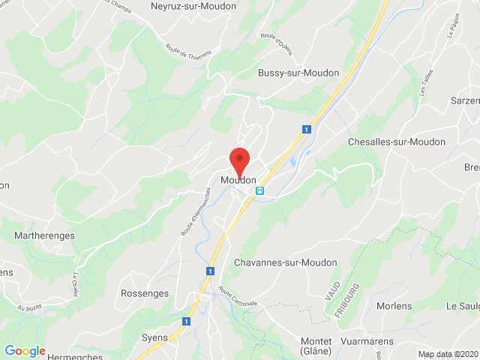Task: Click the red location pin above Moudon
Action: click(238, 160)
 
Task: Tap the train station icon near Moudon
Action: click(260, 190)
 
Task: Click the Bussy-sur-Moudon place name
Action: click(298, 73)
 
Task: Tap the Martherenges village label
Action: click(45, 236)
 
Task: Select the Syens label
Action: click(154, 338)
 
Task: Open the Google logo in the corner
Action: click(25, 351)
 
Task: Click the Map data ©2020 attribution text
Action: click(448, 354)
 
